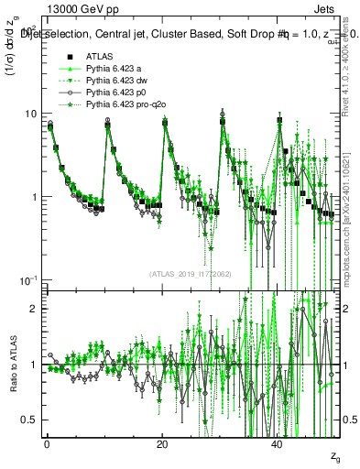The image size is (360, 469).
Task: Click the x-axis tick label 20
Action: point(162,443)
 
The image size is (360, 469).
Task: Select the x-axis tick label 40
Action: point(278,443)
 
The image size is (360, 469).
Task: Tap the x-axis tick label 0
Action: point(46,443)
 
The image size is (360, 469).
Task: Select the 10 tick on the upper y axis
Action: point(30,114)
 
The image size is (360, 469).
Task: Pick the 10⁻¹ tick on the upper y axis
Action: point(27,279)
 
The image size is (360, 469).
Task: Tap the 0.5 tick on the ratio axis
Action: point(29,420)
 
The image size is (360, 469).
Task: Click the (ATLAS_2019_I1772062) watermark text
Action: point(190,273)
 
